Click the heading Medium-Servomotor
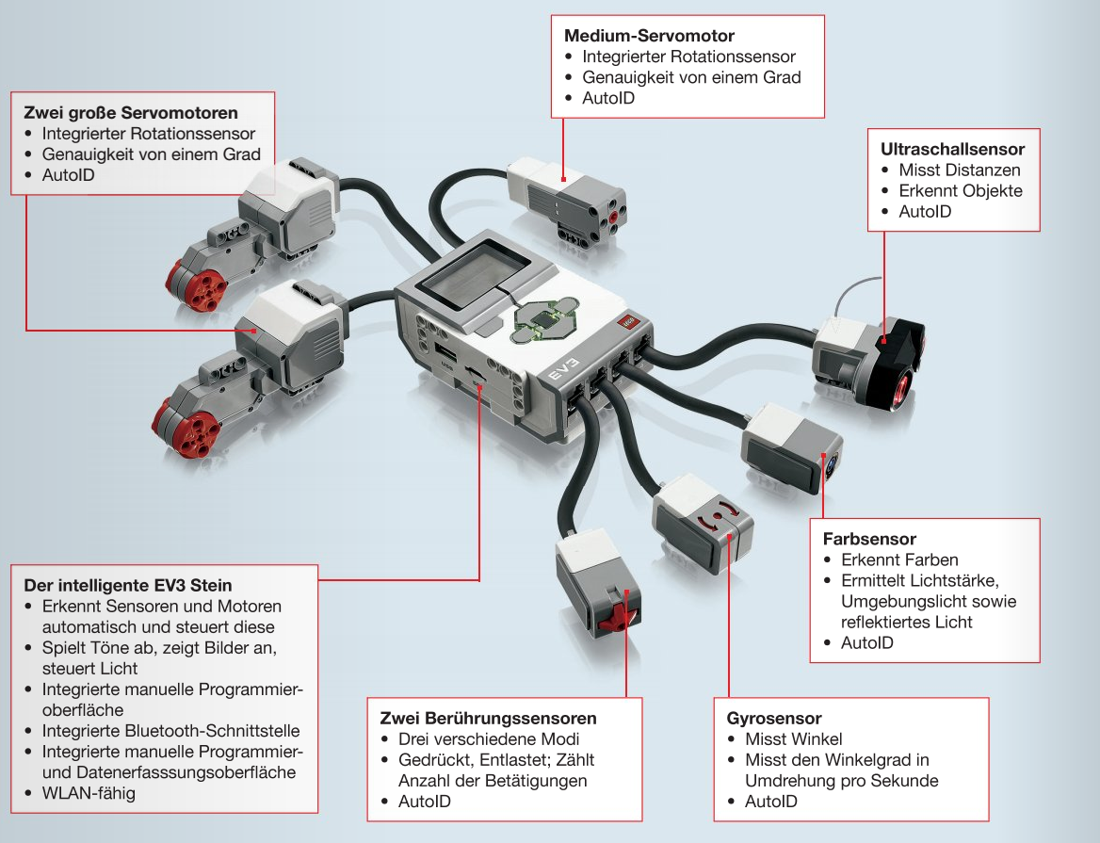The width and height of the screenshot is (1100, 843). [649, 36]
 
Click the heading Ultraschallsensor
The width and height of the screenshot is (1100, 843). [952, 149]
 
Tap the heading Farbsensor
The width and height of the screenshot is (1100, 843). [869, 539]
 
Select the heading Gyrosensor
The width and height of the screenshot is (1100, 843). [781, 719]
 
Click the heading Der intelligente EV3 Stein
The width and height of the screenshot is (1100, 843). [128, 585]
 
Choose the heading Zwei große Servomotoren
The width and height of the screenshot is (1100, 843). [130, 113]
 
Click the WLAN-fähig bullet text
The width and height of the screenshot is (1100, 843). [89, 793]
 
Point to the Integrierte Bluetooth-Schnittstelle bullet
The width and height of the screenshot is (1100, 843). [170, 731]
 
